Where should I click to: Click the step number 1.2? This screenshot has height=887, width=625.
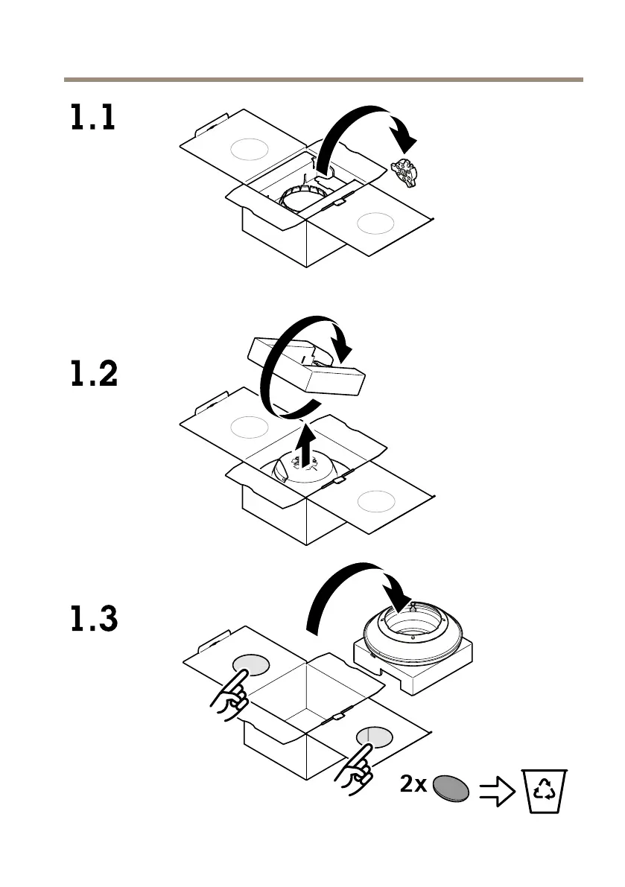[94, 375]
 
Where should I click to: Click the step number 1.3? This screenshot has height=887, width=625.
[94, 620]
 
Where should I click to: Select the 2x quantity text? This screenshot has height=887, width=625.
[413, 786]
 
